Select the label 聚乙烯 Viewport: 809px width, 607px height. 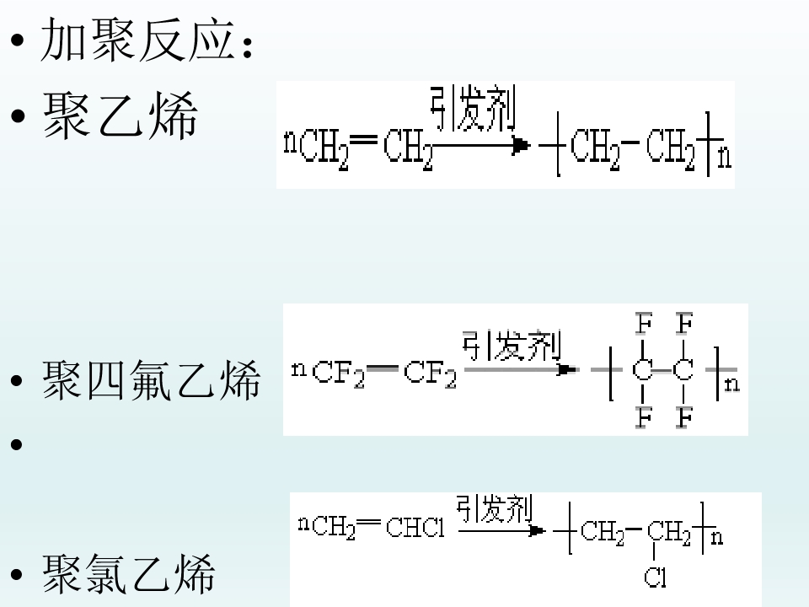pyautogui.click(x=121, y=115)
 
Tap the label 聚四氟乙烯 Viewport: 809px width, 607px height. pyautogui.click(x=151, y=380)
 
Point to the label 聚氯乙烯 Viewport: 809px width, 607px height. pyautogui.click(x=128, y=573)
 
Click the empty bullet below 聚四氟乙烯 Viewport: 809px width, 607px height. pyautogui.click(x=17, y=444)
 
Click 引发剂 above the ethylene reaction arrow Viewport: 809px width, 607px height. pyautogui.click(x=473, y=109)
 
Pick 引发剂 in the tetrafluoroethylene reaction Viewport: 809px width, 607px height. pyautogui.click(x=512, y=346)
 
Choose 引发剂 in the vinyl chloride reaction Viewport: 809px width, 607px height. pyautogui.click(x=494, y=508)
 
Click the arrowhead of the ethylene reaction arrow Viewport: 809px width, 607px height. pyautogui.click(x=521, y=146)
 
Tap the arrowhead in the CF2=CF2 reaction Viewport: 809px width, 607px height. pyautogui.click(x=566, y=369)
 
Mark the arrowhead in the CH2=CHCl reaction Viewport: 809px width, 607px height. pyautogui.click(x=537, y=530)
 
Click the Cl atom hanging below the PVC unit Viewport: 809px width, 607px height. pyautogui.click(x=655, y=577)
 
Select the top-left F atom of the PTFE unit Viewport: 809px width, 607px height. pyautogui.click(x=643, y=324)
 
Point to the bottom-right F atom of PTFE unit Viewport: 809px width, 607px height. pyautogui.click(x=684, y=417)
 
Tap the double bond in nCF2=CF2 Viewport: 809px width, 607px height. pyautogui.click(x=383, y=368)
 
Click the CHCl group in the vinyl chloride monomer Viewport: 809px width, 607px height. pyautogui.click(x=415, y=528)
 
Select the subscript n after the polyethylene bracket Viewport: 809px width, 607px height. pyautogui.click(x=725, y=158)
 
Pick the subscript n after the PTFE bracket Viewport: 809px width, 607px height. pyautogui.click(x=732, y=384)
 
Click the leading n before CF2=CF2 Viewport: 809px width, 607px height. pyautogui.click(x=298, y=369)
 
